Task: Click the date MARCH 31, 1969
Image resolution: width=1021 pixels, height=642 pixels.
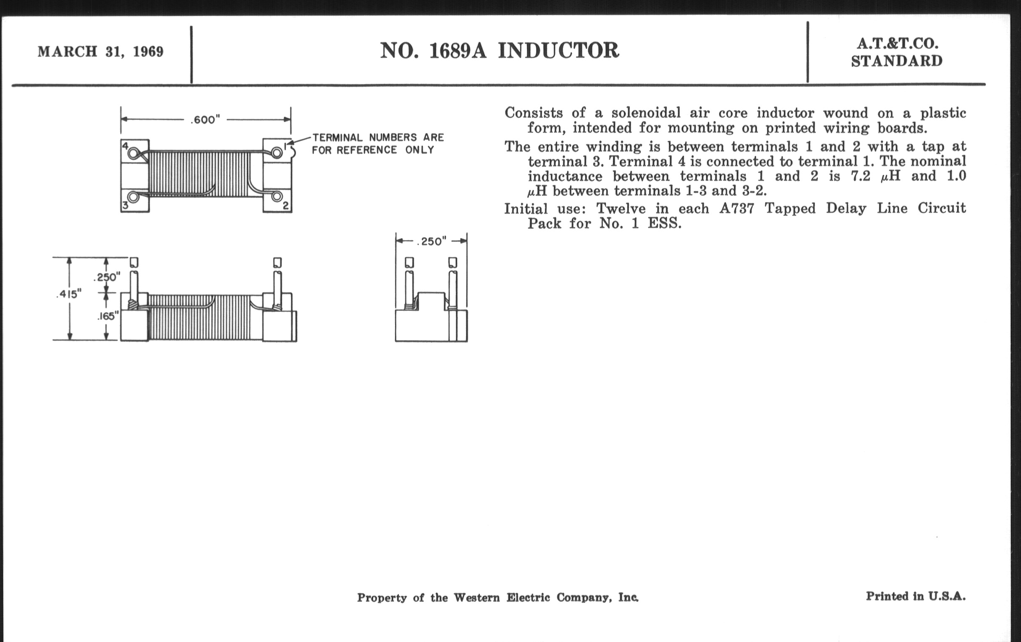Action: (x=100, y=52)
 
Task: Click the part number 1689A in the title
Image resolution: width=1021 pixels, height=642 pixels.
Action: (x=458, y=51)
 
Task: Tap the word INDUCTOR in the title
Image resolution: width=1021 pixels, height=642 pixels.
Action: (x=558, y=50)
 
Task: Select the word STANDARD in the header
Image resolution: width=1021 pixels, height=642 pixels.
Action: (x=897, y=61)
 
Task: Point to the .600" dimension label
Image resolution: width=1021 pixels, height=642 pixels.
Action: (x=205, y=120)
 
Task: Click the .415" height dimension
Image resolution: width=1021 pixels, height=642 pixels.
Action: (x=69, y=294)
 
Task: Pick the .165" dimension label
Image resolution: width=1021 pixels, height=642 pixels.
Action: (x=109, y=316)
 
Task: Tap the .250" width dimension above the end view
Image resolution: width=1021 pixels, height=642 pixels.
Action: (x=432, y=242)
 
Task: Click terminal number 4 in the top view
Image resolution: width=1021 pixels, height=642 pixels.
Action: (x=125, y=146)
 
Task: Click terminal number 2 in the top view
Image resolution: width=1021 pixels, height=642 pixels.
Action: (x=286, y=206)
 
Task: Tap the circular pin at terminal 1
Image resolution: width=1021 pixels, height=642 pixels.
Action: (x=276, y=152)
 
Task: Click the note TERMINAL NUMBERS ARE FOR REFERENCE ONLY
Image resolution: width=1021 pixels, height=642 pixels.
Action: (x=378, y=144)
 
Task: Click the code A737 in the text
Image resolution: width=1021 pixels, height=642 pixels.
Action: (x=737, y=209)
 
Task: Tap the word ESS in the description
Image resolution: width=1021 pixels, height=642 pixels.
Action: (x=665, y=223)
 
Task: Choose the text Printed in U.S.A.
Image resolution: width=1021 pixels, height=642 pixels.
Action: (x=916, y=596)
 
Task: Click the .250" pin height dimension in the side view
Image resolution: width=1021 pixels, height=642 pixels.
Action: (x=107, y=277)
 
